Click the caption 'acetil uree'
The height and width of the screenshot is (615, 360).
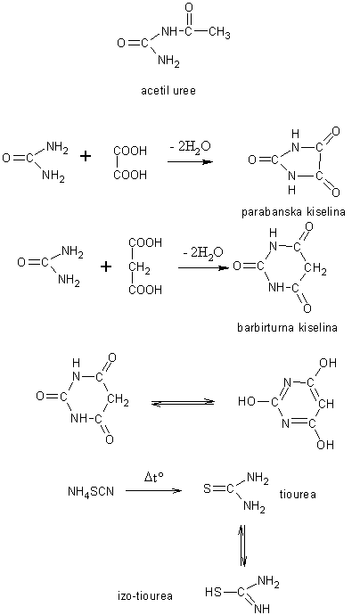168,91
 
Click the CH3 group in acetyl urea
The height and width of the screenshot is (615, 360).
219,33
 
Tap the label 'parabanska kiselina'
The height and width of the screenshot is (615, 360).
293,212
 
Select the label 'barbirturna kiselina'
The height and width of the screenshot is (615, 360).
287,327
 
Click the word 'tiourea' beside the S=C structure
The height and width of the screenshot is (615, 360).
298,494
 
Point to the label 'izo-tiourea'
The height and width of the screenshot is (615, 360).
145,596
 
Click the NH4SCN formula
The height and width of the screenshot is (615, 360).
91,491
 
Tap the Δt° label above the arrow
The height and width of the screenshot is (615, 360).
153,479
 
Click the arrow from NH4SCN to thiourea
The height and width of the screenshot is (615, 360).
154,491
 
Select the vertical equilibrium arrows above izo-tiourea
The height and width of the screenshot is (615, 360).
243,545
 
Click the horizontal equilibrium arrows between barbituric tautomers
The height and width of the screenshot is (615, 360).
184,403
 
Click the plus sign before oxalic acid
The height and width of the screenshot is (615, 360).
85,157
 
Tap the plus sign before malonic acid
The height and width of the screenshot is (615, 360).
106,266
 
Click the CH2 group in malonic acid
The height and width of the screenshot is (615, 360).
138,266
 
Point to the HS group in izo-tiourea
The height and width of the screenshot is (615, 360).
213,592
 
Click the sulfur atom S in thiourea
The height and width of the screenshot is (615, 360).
207,488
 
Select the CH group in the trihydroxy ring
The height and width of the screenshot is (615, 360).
326,403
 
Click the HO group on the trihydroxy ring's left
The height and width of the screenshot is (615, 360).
246,401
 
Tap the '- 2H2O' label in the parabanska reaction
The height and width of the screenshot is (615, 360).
192,147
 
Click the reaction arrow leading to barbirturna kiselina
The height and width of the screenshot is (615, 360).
203,268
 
